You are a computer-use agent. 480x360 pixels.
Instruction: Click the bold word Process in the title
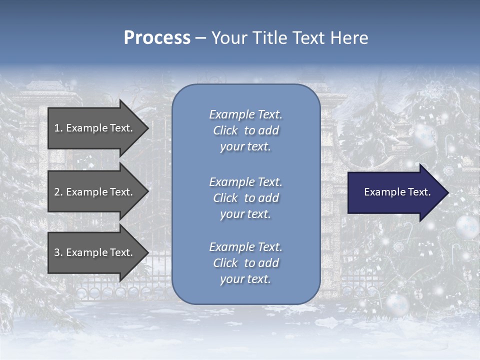tap(157, 38)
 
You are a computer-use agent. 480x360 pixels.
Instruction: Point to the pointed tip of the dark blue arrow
tap(447, 192)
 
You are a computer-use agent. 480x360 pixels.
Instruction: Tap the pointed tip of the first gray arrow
tap(147, 128)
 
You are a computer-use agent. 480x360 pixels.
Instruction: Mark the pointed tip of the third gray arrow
tap(147, 252)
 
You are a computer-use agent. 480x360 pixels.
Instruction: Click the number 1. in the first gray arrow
tap(58, 128)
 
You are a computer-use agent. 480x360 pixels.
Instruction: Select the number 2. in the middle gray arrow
tap(58, 192)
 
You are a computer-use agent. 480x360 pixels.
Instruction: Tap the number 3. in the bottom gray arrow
tap(58, 252)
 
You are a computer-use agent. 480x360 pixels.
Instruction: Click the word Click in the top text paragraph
tap(225, 130)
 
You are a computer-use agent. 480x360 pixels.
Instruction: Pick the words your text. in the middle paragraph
tap(245, 214)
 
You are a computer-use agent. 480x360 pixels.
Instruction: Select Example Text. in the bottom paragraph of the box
tap(245, 247)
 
